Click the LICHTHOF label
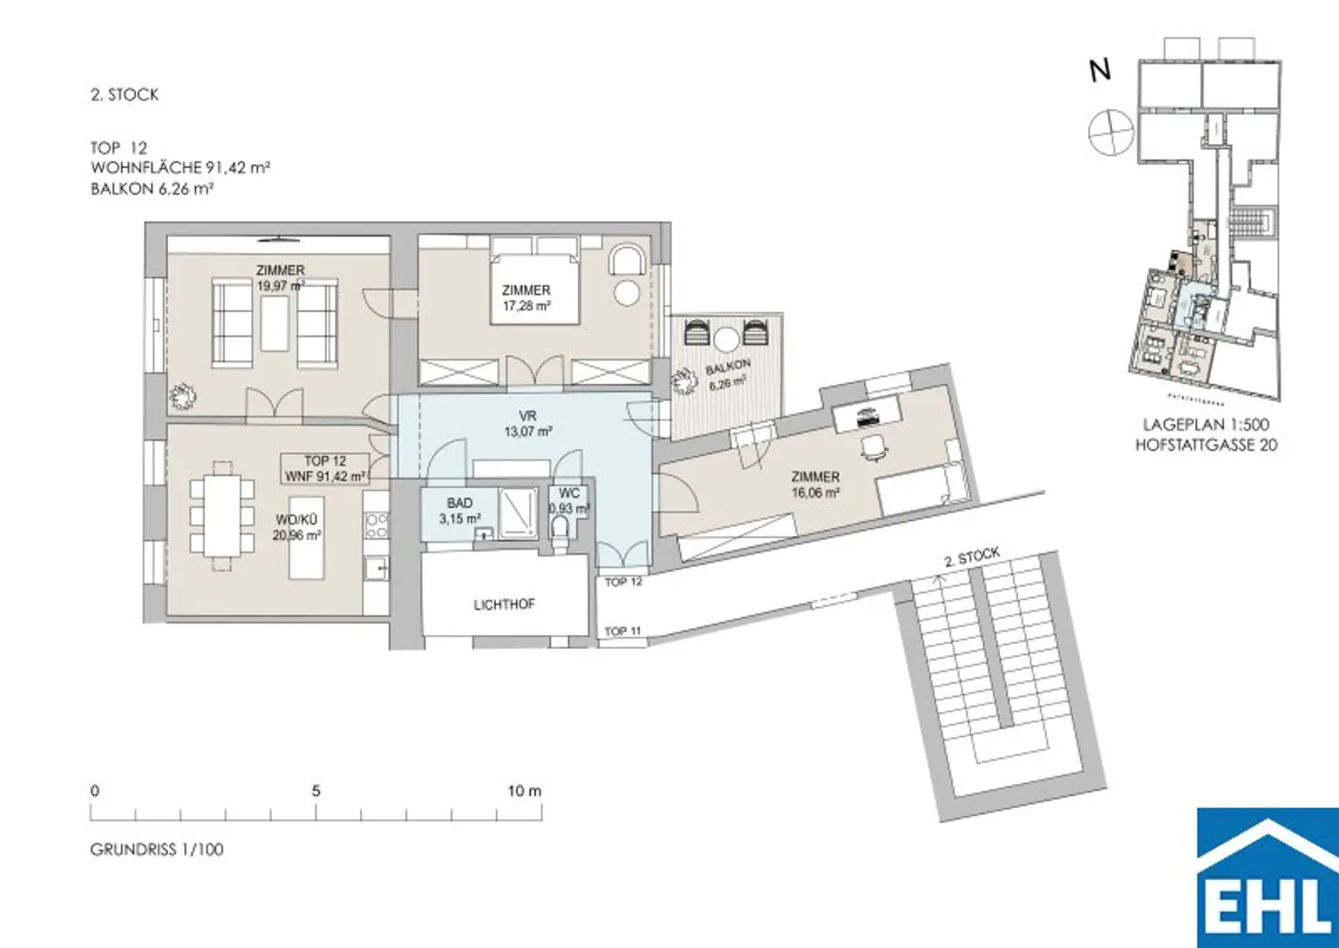(x=504, y=604)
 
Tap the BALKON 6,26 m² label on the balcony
(x=727, y=375)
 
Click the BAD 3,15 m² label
(x=459, y=511)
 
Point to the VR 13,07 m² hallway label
(x=527, y=424)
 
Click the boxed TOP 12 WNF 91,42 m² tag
(x=325, y=468)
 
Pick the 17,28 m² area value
(x=527, y=305)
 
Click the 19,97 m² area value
(x=280, y=284)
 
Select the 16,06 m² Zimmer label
(x=815, y=485)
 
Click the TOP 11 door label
(x=622, y=631)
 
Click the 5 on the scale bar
(x=316, y=791)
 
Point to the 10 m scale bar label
(x=525, y=791)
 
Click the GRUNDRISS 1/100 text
(x=157, y=849)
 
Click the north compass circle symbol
(x=1111, y=133)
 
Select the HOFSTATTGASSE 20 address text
(x=1206, y=445)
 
